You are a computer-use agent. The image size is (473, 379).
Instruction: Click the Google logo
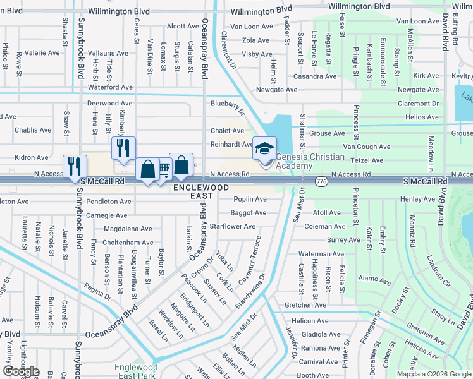coord(21,371)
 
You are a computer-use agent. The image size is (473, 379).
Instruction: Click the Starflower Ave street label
coord(233,226)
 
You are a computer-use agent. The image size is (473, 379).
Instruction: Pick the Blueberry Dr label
coord(227,103)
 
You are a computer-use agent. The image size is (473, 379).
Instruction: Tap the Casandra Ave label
coord(314,76)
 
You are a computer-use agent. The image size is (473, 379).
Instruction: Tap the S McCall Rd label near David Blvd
coord(426,181)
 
